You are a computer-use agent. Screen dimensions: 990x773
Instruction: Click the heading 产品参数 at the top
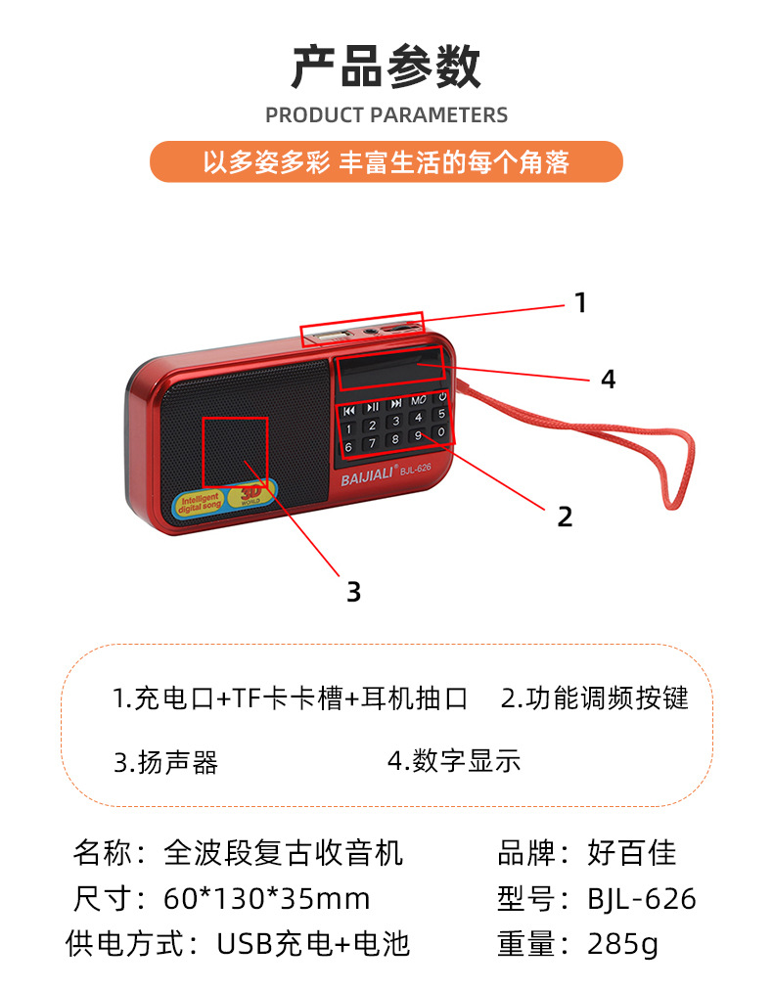(386, 67)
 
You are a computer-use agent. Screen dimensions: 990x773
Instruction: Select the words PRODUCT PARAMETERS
(386, 115)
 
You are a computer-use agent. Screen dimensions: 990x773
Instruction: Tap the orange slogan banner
(386, 161)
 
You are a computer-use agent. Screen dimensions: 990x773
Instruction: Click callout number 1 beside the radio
(580, 303)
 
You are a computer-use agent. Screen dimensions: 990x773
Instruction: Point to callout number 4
(608, 380)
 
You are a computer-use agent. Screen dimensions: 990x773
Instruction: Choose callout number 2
(565, 517)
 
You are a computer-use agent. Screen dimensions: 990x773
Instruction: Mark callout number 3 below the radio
(353, 591)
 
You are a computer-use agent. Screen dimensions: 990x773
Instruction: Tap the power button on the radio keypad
(442, 397)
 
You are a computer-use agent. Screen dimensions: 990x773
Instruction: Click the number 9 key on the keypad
(418, 435)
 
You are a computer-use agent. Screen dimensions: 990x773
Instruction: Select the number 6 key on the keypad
(348, 446)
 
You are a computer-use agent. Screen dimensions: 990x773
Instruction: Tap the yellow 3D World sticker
(253, 495)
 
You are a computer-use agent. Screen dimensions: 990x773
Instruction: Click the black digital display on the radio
(388, 374)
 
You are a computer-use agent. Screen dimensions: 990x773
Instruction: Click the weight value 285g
(622, 944)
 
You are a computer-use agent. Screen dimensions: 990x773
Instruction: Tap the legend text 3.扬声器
(165, 762)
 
